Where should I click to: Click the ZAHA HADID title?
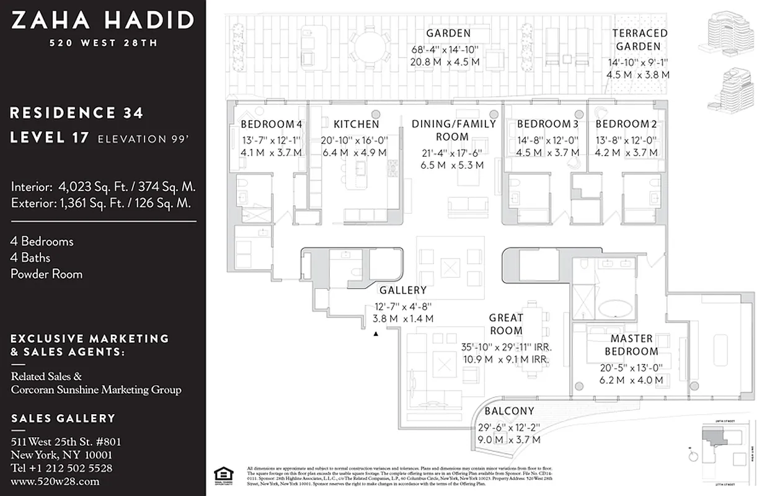[x=102, y=21]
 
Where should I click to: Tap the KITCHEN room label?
[x=356, y=124]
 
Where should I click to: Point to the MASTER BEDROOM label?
[x=631, y=345]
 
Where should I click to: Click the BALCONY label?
[x=509, y=411]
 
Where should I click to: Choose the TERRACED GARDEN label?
[x=640, y=40]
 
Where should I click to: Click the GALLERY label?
[x=402, y=290]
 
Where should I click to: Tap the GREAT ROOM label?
[x=506, y=324]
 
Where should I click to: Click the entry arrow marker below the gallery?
[x=375, y=334]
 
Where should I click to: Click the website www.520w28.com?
[x=55, y=481]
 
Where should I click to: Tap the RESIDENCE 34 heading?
[x=77, y=113]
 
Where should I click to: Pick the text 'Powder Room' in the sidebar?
[x=47, y=274]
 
